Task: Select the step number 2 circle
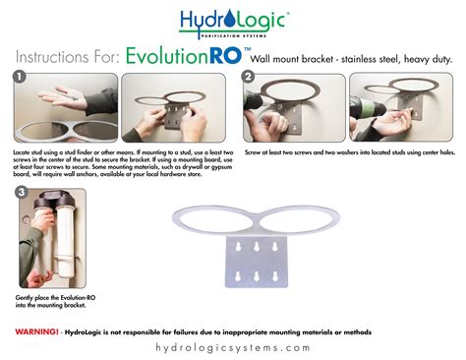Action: (248, 76)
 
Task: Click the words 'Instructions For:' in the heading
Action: (67, 56)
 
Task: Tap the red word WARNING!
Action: (36, 331)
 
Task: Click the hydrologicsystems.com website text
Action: (233, 348)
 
